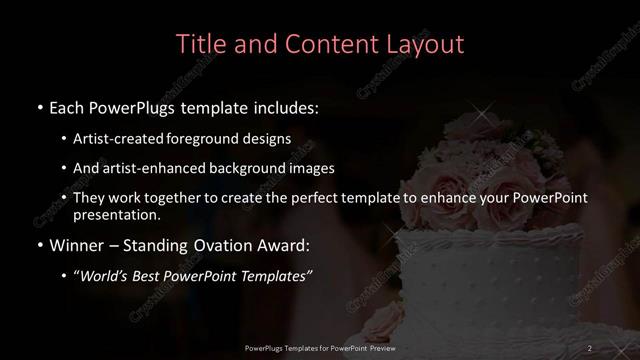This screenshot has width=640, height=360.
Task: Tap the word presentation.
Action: (117, 215)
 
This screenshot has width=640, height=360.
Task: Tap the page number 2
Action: (590, 347)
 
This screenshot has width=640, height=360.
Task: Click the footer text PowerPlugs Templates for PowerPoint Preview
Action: (319, 347)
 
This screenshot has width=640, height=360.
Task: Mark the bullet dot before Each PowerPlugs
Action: (39, 107)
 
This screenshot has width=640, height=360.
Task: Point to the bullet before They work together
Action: (64, 198)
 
